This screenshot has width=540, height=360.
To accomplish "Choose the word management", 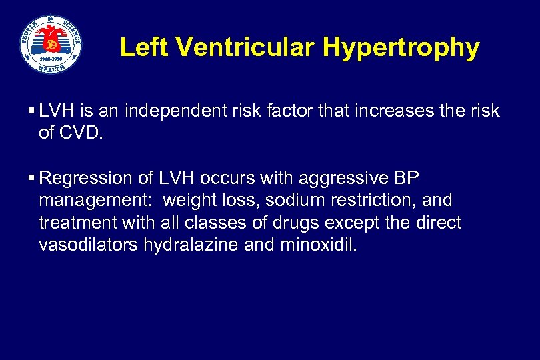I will pos(96,200).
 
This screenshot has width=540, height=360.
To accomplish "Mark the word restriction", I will pos(373,200).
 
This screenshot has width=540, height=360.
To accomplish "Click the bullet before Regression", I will pos(32,178).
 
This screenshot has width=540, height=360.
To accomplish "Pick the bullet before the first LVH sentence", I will pos(32,111).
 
